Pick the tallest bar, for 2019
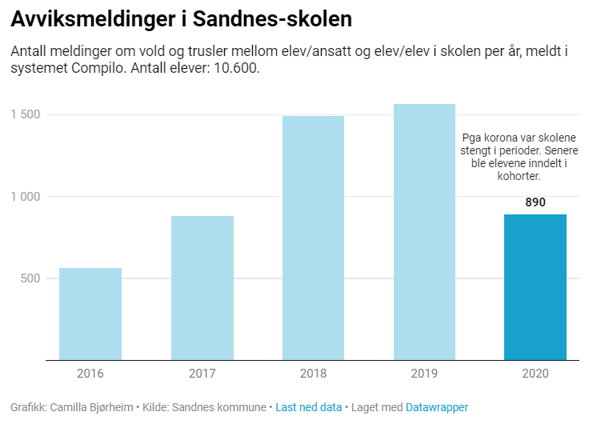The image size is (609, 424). click(x=424, y=232)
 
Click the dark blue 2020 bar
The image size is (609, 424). click(x=535, y=287)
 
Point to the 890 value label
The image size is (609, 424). click(x=535, y=202)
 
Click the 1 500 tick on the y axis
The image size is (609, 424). click(x=26, y=114)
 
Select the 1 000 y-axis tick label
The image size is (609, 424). click(x=26, y=197)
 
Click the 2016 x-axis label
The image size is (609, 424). click(x=90, y=373)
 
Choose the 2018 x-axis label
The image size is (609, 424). click(x=313, y=373)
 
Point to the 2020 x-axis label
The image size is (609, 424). click(x=535, y=373)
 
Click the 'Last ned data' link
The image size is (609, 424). click(x=308, y=407)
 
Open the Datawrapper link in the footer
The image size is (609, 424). click(x=437, y=407)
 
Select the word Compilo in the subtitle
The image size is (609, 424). click(x=87, y=69)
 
